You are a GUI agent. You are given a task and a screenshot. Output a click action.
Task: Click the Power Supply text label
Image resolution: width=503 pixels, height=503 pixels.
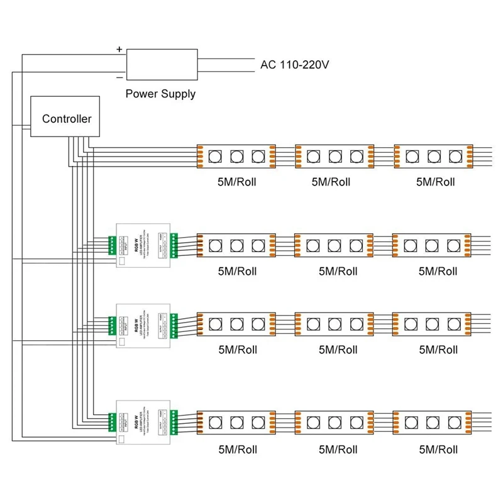160,94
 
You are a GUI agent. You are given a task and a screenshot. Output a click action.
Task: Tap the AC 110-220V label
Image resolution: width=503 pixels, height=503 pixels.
295,64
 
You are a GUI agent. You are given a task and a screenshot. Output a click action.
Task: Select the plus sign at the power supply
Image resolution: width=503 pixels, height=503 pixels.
119,48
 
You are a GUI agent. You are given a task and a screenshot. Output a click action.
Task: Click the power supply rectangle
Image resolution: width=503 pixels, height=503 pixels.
163,64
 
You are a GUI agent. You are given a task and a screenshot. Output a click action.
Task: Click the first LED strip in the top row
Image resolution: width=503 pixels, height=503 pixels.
236,155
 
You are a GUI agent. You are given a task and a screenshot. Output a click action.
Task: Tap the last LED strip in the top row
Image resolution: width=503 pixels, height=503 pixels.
433,155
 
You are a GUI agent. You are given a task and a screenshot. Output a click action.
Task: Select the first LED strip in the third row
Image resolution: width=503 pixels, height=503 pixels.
236,324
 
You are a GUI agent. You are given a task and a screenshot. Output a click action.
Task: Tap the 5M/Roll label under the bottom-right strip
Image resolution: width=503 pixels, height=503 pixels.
438,450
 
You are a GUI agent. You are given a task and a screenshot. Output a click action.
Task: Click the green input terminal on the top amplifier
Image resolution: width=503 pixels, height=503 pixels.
112,243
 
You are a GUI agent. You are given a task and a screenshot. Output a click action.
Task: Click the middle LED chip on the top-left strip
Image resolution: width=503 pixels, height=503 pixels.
236,155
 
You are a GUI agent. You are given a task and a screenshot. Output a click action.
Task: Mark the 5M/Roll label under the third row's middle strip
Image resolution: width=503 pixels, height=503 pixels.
338,350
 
